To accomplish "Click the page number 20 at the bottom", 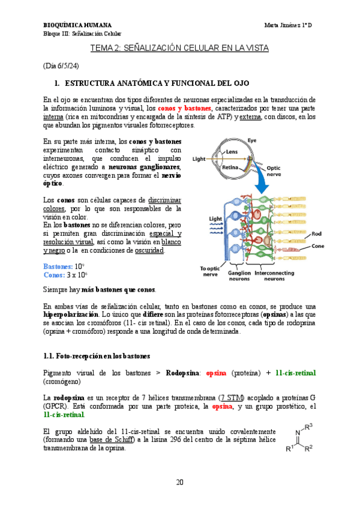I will [180, 482].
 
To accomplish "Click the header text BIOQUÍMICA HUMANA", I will [77, 25].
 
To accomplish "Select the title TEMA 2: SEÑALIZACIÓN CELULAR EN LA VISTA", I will [179, 47].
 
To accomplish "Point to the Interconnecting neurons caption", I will [274, 274].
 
